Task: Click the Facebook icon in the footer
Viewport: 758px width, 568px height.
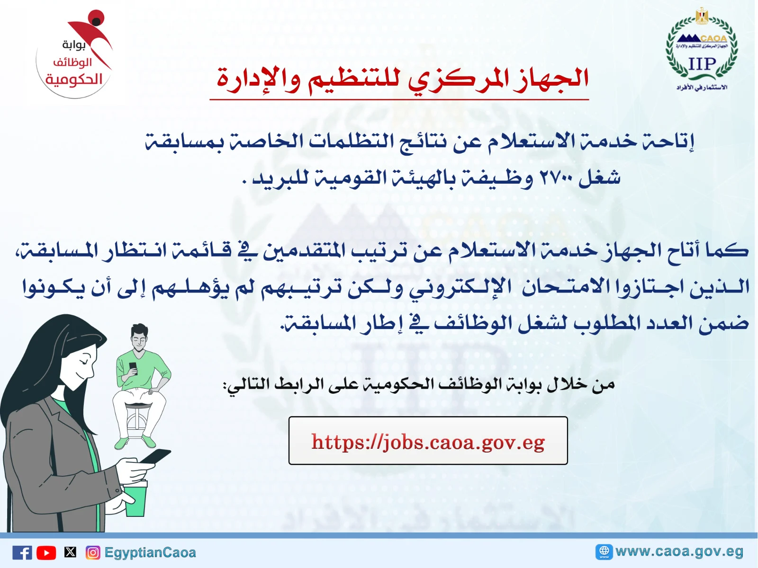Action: click(x=22, y=552)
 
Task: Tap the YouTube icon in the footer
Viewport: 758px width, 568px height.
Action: click(x=46, y=553)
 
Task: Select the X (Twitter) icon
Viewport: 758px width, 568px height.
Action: click(x=70, y=552)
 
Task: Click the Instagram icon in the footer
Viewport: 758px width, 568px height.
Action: click(x=93, y=552)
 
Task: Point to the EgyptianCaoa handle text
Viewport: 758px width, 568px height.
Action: click(x=150, y=553)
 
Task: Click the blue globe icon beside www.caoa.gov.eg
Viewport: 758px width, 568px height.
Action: click(x=604, y=552)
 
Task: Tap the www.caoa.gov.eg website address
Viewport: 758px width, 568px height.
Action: click(x=679, y=551)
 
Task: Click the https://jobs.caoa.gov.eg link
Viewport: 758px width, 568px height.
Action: click(x=428, y=442)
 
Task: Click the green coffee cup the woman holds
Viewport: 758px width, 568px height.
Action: click(x=135, y=499)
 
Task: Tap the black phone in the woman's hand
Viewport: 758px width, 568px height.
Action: click(x=155, y=456)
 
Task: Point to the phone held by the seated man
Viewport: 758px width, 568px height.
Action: click(x=133, y=368)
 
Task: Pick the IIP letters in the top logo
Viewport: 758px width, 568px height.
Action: click(x=703, y=64)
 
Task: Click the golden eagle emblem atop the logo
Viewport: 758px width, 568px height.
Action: click(x=702, y=16)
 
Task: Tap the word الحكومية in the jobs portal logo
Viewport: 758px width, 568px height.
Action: click(x=74, y=80)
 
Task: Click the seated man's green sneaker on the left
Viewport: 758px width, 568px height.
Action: click(x=121, y=443)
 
